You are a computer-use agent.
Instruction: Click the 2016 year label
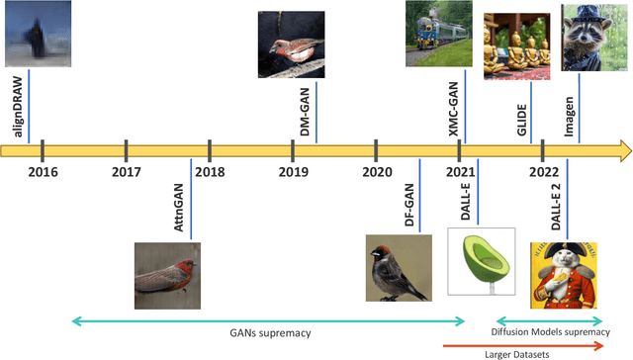coord(44,172)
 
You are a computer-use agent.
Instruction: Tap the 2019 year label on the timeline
coord(293,172)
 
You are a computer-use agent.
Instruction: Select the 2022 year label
coord(543,172)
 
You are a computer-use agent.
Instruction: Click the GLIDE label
coord(522,107)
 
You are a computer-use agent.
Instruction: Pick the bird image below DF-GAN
coord(399,267)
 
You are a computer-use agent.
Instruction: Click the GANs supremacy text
coord(267,333)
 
